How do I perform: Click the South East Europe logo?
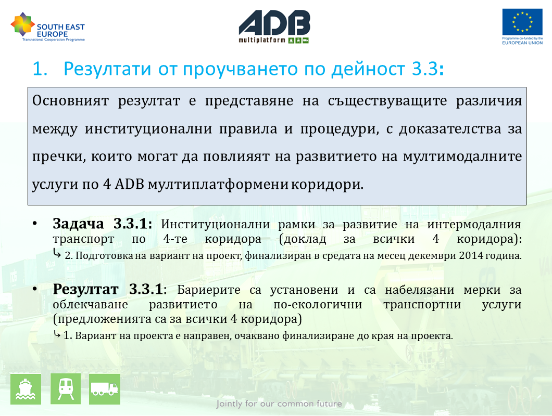pyautogui.click(x=48, y=27)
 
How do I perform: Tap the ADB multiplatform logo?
pyautogui.click(x=274, y=27)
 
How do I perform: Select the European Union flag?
pyautogui.click(x=522, y=22)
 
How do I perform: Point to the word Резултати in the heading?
pyautogui.click(x=107, y=69)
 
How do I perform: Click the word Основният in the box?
pyautogui.click(x=70, y=101)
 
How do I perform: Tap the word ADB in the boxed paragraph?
pyautogui.click(x=130, y=184)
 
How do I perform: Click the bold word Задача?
pyautogui.click(x=78, y=224)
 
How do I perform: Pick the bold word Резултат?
pyautogui.click(x=85, y=290)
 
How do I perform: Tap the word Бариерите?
pyautogui.click(x=209, y=290)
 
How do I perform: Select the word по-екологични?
pyautogui.click(x=318, y=305)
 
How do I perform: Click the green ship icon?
pyautogui.click(x=26, y=389)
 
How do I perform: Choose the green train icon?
pyautogui.click(x=66, y=389)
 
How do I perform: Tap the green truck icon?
pyautogui.click(x=105, y=389)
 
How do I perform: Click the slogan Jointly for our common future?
pyautogui.click(x=279, y=404)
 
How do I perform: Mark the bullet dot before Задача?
pyautogui.click(x=34, y=224)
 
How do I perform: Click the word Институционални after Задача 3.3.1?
pyautogui.click(x=216, y=225)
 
